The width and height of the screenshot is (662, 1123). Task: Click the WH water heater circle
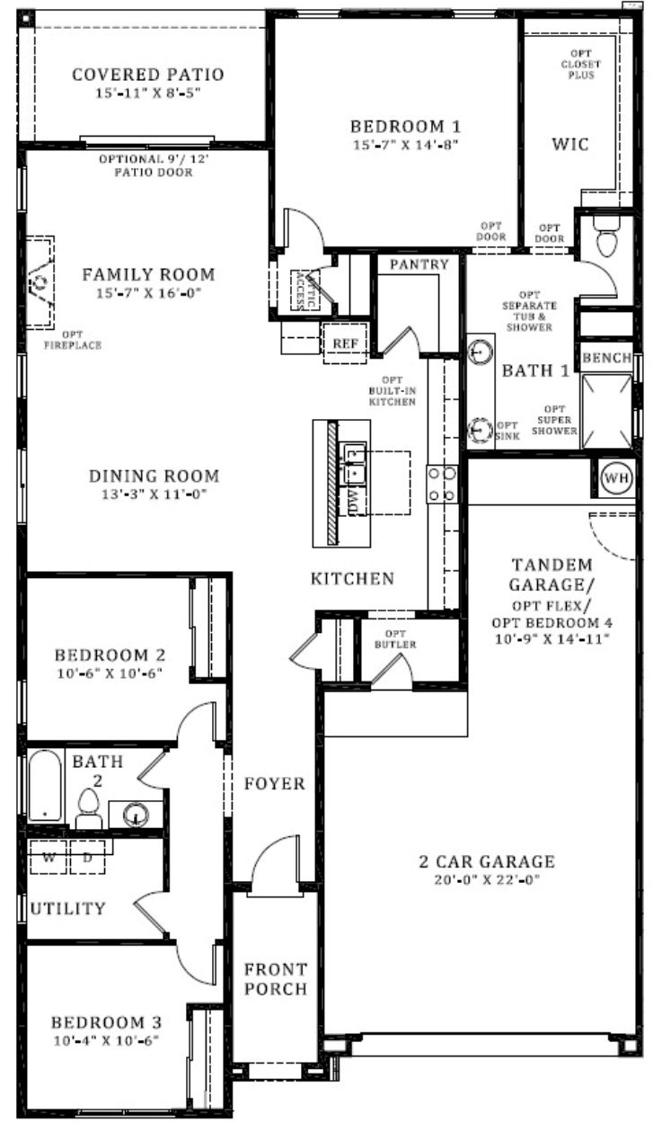pos(616,477)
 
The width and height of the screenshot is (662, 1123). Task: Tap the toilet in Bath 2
pos(89,808)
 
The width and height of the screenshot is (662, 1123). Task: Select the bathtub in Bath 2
pos(45,785)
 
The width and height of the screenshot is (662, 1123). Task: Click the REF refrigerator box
pos(345,343)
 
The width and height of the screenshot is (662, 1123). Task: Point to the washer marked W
pos(49,857)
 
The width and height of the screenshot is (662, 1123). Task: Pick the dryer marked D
pos(87,857)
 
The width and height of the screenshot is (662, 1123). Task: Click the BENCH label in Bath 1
pos(606,358)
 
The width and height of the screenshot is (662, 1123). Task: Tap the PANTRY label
pos(419,264)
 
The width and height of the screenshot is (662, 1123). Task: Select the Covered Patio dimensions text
pos(147,93)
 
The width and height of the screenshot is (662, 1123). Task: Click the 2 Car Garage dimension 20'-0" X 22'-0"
pos(487,879)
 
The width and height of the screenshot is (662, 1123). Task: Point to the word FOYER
pos(275,783)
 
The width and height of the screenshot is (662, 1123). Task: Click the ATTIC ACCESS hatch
pos(305,290)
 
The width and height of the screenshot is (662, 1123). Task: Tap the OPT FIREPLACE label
pos(73,340)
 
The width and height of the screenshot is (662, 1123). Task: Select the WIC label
pos(569,145)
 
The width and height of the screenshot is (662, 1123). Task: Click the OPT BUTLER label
pos(395,639)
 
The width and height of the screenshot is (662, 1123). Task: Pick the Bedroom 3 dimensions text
pos(106,1041)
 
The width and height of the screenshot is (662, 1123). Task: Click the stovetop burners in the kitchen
pos(441,485)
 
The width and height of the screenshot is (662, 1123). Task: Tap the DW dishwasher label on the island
pos(354,503)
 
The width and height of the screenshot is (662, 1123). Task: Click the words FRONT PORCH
pos(276,978)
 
